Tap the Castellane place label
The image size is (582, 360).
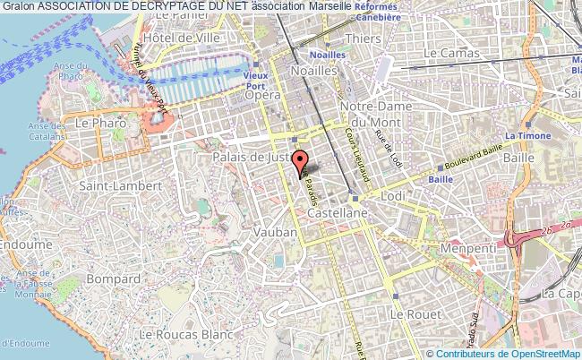click(x=333, y=215)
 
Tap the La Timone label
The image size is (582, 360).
click(x=527, y=136)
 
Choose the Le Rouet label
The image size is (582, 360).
click(x=415, y=314)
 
